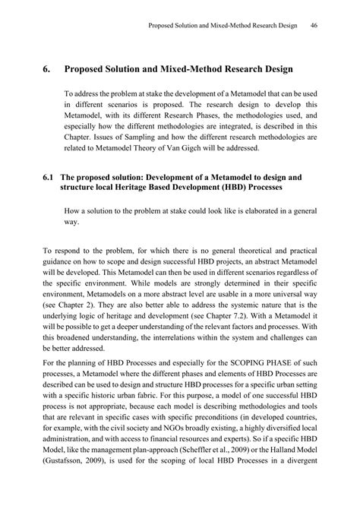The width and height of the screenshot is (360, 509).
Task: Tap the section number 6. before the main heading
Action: [x=48, y=70]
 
